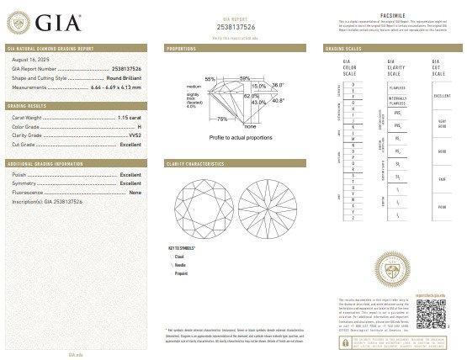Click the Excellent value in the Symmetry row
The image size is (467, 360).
130,183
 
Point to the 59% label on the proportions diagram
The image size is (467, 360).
245,78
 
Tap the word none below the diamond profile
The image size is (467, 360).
250,125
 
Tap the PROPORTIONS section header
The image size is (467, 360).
182,50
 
